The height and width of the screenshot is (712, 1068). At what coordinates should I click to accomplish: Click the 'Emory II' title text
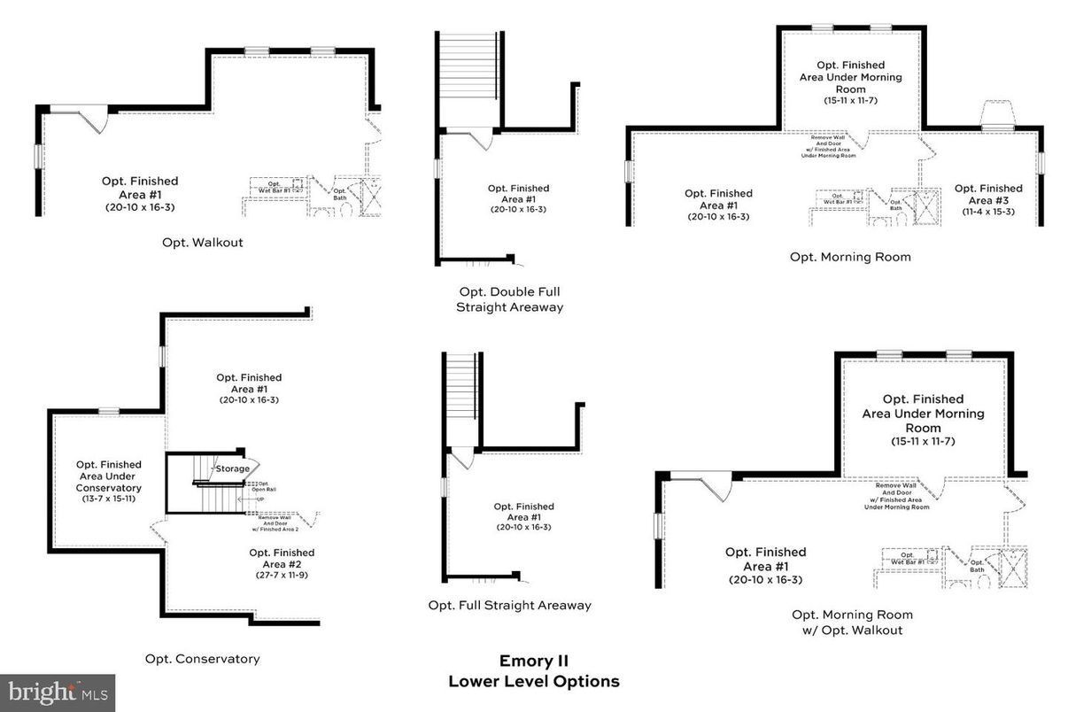(x=533, y=661)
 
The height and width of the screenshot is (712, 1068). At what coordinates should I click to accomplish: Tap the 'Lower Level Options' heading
(x=533, y=681)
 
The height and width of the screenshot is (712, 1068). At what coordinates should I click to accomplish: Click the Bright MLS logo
(x=58, y=692)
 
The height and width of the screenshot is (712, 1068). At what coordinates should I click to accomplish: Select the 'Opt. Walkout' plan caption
(x=202, y=242)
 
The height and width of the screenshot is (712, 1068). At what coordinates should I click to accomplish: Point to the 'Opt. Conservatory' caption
(x=202, y=658)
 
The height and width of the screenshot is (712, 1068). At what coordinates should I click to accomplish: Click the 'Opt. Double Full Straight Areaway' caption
(x=509, y=299)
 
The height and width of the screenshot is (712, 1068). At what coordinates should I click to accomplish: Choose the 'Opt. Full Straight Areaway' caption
(x=509, y=606)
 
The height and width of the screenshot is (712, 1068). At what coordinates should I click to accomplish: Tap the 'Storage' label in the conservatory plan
(x=232, y=468)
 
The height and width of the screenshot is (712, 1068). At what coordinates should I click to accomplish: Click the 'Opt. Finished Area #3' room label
(x=987, y=194)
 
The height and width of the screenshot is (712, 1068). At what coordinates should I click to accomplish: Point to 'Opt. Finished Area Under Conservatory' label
(x=108, y=476)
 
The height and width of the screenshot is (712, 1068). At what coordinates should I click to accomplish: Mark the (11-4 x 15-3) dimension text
(x=987, y=212)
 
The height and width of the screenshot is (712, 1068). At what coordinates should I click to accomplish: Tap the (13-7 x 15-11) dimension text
(x=108, y=499)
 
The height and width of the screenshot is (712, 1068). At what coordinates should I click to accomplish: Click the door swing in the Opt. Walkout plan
(x=93, y=120)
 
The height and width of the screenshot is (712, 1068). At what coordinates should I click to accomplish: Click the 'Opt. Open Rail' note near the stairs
(x=261, y=486)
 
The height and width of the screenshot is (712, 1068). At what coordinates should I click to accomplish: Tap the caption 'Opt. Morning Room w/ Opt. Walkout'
(x=851, y=622)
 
